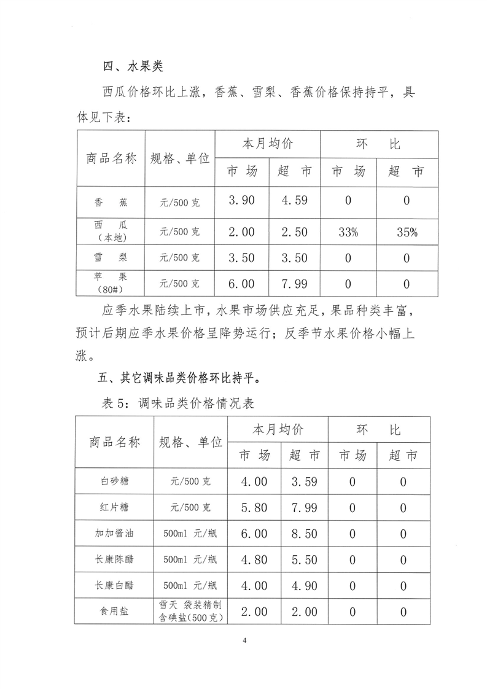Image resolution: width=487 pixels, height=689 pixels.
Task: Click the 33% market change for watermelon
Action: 348,232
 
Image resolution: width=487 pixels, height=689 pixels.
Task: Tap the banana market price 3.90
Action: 241,201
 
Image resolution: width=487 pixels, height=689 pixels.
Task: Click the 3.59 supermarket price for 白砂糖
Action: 304,482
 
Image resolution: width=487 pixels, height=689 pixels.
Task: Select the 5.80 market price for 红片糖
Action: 254,508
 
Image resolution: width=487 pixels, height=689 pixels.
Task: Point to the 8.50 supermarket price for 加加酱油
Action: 304,534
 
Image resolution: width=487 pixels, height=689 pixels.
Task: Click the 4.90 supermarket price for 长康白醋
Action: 304,586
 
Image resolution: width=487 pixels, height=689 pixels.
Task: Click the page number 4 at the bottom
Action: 244,641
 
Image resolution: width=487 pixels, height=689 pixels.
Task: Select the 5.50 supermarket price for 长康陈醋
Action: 304,559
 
